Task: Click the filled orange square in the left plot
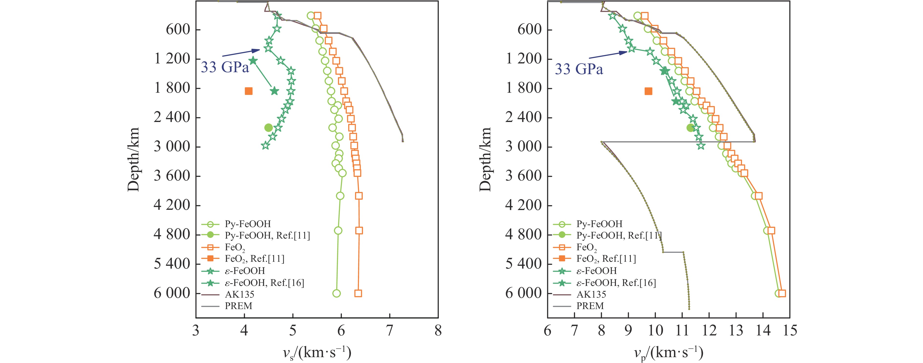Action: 248,91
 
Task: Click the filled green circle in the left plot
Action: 268,127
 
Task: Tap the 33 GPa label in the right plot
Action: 579,69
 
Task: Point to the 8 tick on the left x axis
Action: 438,330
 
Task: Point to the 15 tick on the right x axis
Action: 789,330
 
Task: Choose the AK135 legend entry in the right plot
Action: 591,294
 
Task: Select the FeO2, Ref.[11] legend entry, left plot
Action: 254,259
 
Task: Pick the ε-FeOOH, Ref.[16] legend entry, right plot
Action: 616,283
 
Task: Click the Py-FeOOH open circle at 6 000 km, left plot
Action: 336,293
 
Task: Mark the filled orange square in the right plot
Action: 648,91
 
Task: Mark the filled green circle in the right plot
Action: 690,127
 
